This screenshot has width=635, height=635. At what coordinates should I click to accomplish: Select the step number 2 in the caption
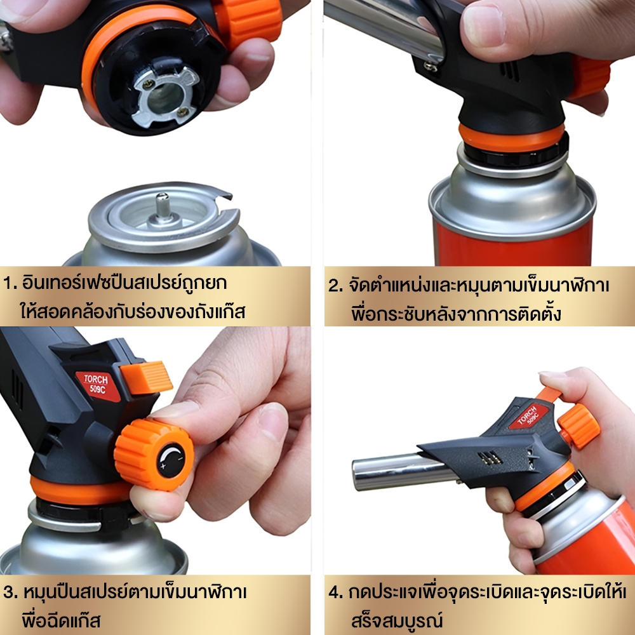pos(335,286)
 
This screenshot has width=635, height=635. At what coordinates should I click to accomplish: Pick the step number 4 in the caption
pos(335,592)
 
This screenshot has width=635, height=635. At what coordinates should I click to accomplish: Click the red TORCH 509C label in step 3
pos(97,385)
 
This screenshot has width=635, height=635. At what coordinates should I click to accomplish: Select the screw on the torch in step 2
pos(430,65)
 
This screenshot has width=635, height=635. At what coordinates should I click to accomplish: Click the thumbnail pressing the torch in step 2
pos(483,25)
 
